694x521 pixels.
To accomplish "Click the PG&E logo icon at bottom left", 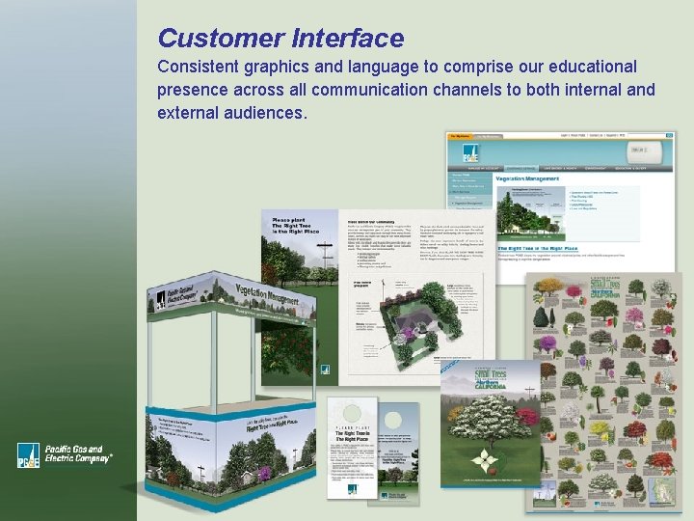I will pos(28,455).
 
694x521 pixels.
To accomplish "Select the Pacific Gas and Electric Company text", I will pos(79,455).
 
